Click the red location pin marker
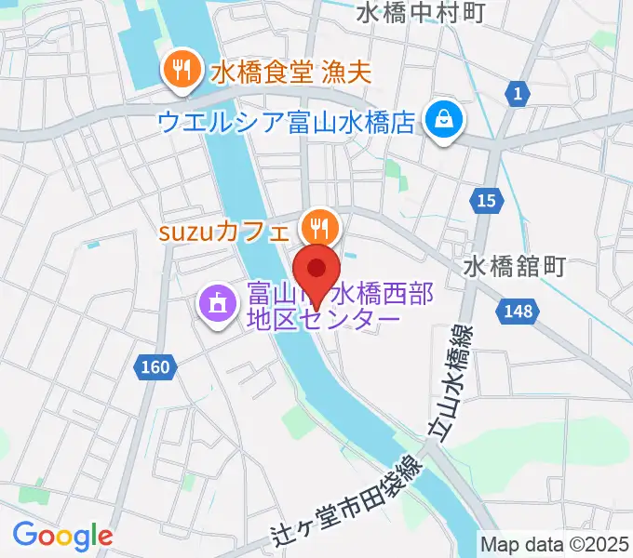(316, 271)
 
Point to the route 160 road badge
(155, 367)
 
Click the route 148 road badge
(517, 312)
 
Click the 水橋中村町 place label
(421, 14)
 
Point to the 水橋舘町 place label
(515, 268)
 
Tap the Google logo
(62, 535)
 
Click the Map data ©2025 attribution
(556, 544)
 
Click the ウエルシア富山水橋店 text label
(285, 122)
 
